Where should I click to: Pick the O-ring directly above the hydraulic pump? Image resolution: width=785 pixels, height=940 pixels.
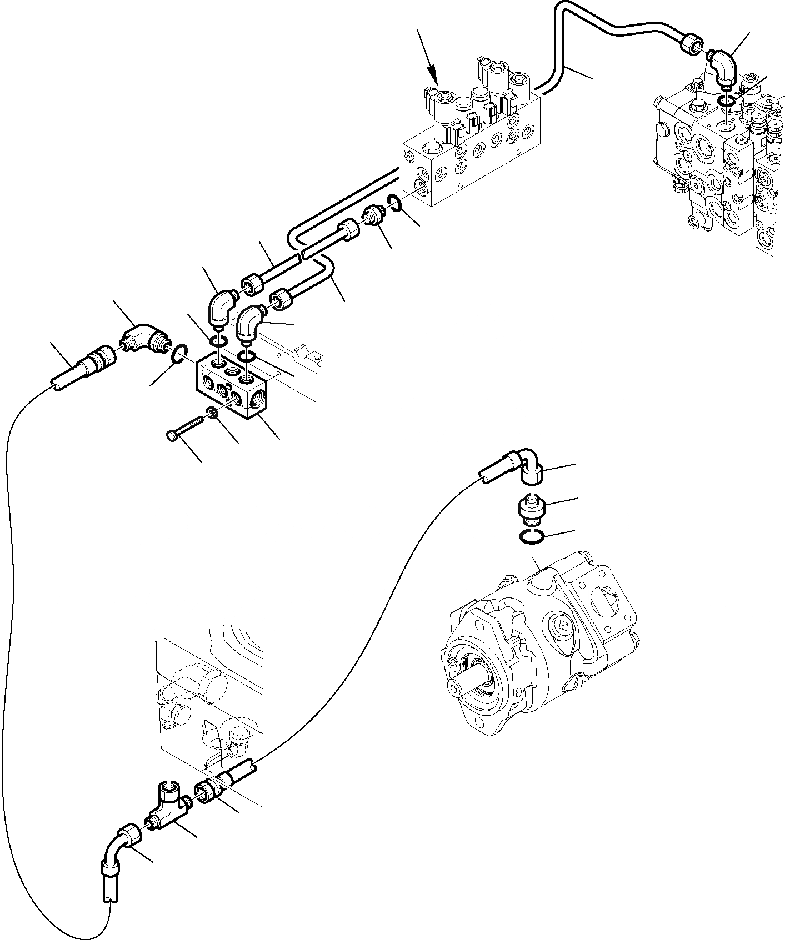532,536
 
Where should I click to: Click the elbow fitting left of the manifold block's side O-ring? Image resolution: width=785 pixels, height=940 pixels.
143,339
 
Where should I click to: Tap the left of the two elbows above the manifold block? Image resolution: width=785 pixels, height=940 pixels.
219,307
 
